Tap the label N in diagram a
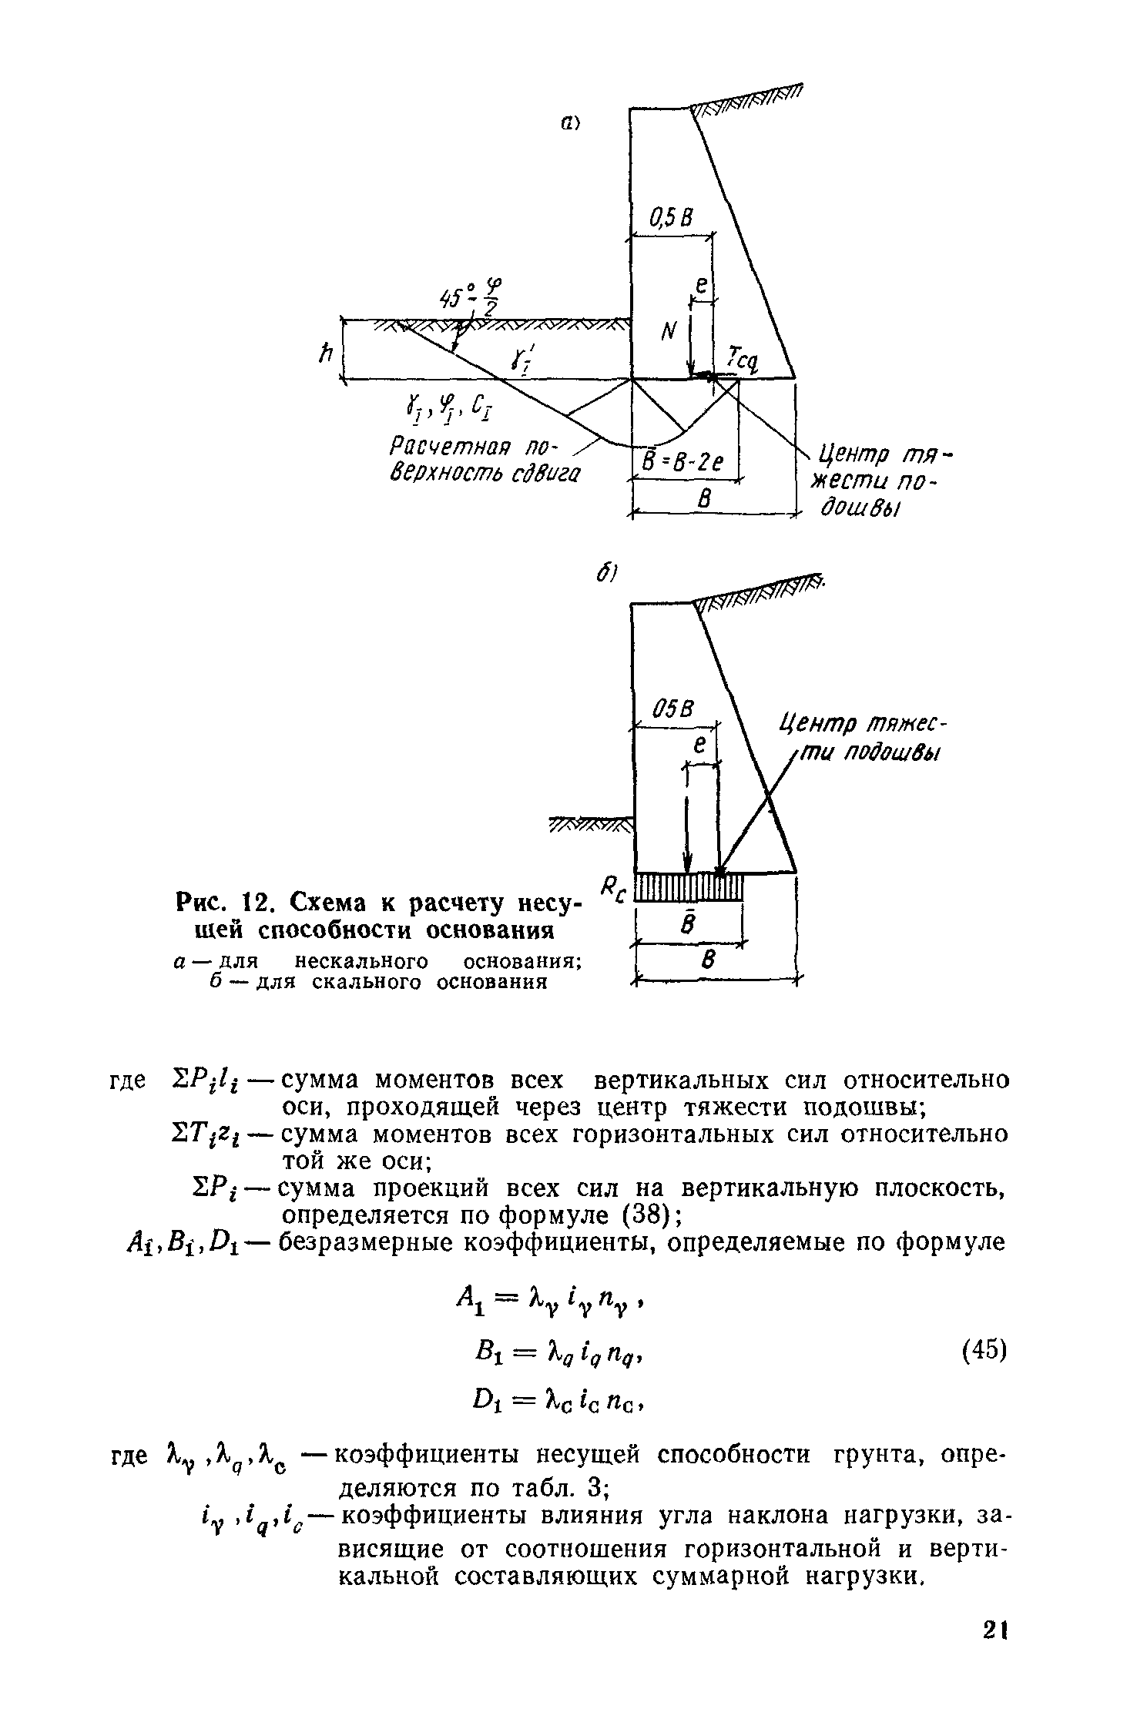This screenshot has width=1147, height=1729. click(x=667, y=332)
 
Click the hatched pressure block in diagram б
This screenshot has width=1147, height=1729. click(x=689, y=887)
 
